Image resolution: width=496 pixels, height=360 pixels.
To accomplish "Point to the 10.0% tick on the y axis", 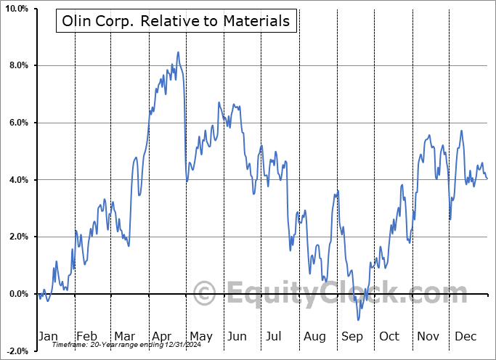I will click(x=15, y=9).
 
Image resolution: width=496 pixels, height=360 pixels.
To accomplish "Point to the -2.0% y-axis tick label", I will click(x=15, y=351).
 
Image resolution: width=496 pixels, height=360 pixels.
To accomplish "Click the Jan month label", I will click(x=47, y=336).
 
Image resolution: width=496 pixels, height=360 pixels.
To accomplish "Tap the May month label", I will click(x=200, y=336).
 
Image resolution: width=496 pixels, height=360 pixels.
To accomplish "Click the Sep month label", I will click(x=351, y=336).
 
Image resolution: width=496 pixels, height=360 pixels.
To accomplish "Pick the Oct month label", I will click(x=389, y=336).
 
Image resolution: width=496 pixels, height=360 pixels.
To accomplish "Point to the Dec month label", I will click(x=465, y=336).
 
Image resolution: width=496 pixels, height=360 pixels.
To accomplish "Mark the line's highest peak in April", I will click(x=177, y=52).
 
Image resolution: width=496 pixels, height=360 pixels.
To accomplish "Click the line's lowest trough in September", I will click(x=358, y=319).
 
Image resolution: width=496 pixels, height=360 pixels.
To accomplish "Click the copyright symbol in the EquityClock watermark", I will click(x=205, y=293).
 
